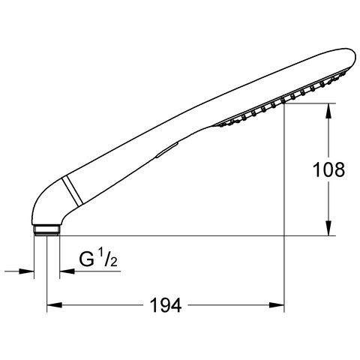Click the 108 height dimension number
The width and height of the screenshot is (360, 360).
pos(328,169)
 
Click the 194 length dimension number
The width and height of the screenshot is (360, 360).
pos(166,305)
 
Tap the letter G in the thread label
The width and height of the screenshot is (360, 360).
pos(87,259)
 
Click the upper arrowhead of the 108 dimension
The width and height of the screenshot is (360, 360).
pos(329,110)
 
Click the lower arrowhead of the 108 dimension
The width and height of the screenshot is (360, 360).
pos(329,229)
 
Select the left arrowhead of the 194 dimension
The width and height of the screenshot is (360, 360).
pos(55,305)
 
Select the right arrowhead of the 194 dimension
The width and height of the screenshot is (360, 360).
pos(277,305)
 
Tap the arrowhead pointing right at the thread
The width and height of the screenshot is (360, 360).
pos(26,271)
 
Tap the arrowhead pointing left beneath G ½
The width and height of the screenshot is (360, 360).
pos(67,271)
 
